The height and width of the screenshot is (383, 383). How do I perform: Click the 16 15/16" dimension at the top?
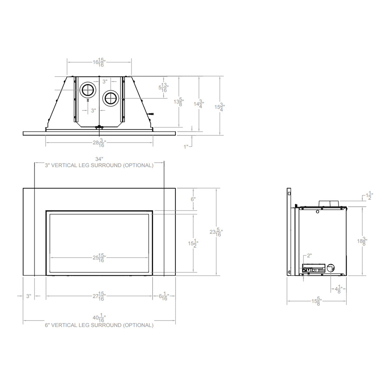(x=99, y=62)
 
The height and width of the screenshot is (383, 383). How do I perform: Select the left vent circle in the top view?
(x=88, y=90)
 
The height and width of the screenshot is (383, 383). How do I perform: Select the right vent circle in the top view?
(x=111, y=98)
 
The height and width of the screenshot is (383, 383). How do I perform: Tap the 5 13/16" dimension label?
(x=163, y=88)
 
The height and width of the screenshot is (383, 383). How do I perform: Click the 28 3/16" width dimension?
(x=99, y=143)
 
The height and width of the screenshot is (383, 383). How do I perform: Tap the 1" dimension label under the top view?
(x=187, y=147)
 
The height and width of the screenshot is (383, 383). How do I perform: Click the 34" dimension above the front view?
(x=99, y=159)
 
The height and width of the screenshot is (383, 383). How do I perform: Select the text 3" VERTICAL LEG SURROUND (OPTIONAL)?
(x=99, y=165)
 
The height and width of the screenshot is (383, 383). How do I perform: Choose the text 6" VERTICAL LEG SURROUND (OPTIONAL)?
(x=99, y=325)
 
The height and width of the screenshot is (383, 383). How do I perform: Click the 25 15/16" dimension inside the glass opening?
(x=99, y=258)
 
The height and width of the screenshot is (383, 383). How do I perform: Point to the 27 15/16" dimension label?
(x=99, y=297)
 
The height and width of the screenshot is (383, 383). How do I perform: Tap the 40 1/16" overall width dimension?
(x=99, y=319)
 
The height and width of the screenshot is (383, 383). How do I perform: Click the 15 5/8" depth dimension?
(x=316, y=301)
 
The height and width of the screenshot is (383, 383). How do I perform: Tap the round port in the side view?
(x=330, y=268)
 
